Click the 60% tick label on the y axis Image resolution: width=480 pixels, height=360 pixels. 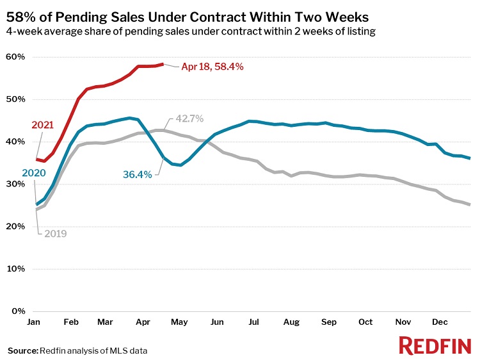16,57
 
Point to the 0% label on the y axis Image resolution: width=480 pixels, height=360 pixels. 19,311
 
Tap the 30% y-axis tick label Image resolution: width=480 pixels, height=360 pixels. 16,184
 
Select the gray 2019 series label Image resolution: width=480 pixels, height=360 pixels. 55,234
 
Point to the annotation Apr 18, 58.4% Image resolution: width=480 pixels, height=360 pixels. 213,66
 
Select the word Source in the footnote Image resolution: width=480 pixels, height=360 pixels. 22,350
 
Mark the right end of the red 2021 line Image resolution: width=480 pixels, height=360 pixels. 163,64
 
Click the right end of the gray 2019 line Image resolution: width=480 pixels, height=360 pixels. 471,205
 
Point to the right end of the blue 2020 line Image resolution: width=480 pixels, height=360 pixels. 471,158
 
